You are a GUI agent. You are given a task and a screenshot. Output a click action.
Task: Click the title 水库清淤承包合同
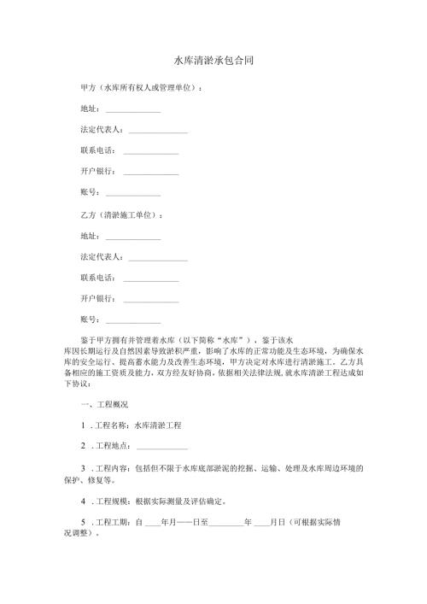point(213,62)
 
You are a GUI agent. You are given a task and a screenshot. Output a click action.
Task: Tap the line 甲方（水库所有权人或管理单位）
point(142,87)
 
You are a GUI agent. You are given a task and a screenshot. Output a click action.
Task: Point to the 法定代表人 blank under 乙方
point(158,256)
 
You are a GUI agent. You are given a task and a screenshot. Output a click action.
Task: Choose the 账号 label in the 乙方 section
point(90,320)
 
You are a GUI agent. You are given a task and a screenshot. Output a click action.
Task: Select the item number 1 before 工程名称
point(83,425)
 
